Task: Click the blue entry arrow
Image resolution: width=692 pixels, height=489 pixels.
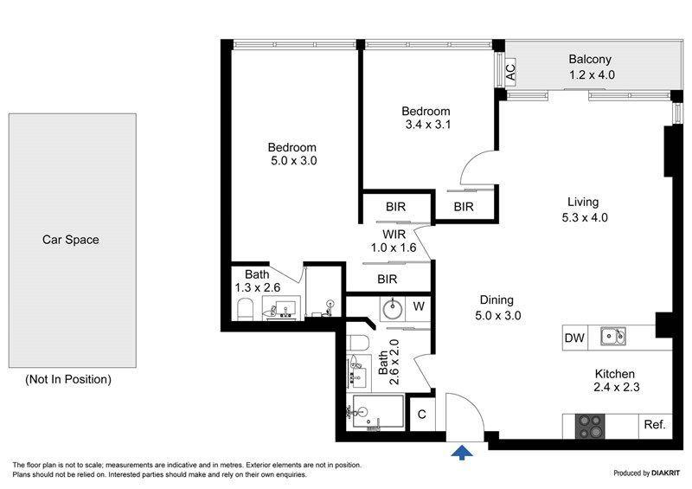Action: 462,453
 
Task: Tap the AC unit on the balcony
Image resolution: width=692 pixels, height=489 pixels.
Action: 510,73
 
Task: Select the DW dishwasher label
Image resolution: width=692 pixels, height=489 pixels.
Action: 574,338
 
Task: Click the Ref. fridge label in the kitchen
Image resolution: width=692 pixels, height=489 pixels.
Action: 655,425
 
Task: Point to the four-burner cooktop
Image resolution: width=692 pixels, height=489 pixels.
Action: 590,427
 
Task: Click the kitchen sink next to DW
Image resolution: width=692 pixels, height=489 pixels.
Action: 613,337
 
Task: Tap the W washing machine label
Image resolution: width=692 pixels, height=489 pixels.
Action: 419,306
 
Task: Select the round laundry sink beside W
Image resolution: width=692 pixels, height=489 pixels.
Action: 393,309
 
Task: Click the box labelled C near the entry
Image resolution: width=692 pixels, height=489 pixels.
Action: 422,414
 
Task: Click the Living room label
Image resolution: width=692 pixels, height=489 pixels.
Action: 583,202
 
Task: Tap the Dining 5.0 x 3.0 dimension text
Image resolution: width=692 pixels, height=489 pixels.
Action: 498,315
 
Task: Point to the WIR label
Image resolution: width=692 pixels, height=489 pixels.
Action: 394,234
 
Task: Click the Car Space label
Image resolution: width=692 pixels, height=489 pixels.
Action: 71,240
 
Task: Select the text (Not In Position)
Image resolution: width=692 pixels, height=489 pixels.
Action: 68,379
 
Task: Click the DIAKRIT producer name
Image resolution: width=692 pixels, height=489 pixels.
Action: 665,473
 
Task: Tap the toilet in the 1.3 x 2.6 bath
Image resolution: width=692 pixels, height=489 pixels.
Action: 245,309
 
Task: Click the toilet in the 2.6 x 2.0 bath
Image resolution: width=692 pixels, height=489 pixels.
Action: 358,344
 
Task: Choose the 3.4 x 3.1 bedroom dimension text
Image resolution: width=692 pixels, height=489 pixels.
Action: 428,125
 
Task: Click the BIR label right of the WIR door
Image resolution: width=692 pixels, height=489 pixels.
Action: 464,206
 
